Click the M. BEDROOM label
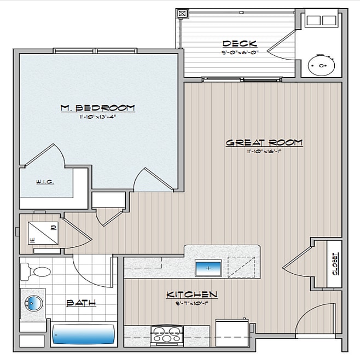click(97, 107)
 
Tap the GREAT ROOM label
click(264, 142)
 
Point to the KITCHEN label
click(191, 294)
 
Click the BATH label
click(81, 302)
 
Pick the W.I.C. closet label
click(45, 182)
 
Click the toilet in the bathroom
click(36, 270)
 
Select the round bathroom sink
click(32, 302)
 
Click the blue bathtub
click(83, 334)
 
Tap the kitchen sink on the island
click(208, 268)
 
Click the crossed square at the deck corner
click(183, 13)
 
